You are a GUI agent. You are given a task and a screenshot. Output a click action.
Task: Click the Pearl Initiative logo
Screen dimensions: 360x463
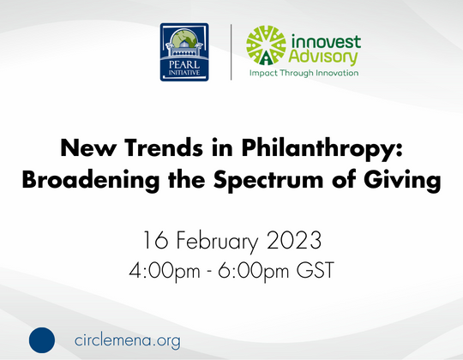(186, 52)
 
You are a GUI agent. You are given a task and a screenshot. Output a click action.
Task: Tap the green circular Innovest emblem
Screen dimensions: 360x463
(265, 48)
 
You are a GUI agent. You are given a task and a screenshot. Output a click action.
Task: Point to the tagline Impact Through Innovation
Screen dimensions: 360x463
(304, 75)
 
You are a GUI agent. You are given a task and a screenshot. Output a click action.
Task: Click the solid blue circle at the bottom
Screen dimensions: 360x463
(42, 339)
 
